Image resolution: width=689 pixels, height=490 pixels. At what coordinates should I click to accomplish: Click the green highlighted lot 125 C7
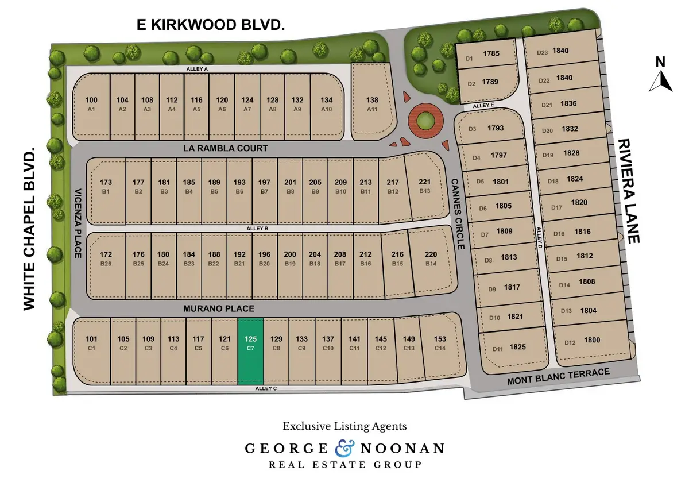point(250,352)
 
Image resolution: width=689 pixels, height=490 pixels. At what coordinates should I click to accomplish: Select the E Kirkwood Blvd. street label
point(211,25)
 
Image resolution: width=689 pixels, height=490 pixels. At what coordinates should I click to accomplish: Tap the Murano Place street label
point(219,308)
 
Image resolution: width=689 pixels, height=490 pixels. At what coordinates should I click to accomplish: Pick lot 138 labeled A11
point(372,103)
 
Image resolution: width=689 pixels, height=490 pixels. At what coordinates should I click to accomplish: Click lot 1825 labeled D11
point(510,348)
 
